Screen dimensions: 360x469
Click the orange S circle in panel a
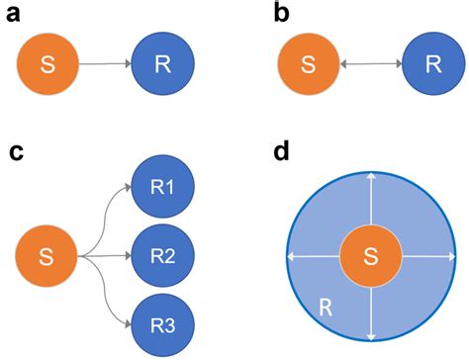tap(46, 65)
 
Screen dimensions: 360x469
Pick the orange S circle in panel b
tap(307, 65)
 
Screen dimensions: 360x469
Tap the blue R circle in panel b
tap(431, 65)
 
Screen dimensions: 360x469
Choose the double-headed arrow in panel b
tap(369, 65)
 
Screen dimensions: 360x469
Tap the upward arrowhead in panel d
tap(370, 176)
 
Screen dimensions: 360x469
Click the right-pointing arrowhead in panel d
tap(449, 256)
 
